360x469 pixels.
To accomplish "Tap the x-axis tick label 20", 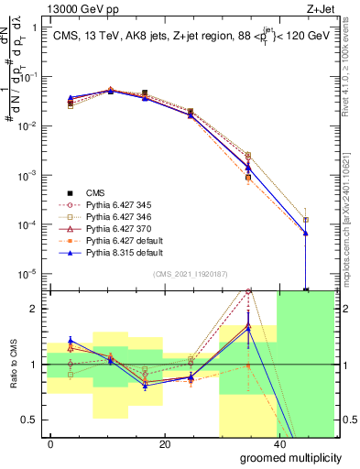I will (164, 444).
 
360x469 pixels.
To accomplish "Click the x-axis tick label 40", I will (278, 444).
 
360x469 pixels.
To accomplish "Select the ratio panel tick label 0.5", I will (28, 420).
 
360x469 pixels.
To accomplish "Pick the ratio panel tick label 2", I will (33, 309).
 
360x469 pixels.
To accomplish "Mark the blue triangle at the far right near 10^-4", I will (306, 233).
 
